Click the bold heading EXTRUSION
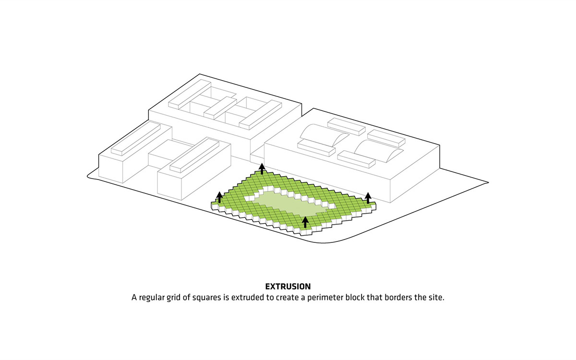288,287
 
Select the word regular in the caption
152,298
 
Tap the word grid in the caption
174,298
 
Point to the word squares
207,298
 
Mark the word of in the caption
186,297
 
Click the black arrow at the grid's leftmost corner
219,197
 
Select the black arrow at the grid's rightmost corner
368,198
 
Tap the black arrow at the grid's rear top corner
262,168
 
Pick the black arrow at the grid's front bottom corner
305,222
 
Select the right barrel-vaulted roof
378,151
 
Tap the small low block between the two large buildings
257,157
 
